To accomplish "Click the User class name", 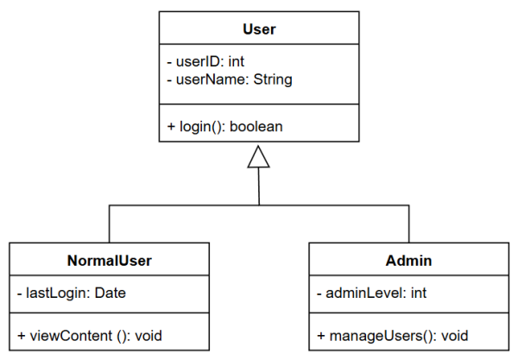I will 259,29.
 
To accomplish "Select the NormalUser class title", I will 110,260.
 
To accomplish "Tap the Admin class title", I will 409,260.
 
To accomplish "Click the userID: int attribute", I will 205,62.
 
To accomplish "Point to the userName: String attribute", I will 229,79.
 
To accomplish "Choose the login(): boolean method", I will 224,126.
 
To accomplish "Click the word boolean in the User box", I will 258,126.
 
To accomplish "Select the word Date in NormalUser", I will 111,294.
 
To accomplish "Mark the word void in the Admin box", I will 455,335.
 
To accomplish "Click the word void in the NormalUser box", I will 148,335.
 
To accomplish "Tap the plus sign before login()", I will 171,127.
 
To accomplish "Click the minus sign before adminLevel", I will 319,294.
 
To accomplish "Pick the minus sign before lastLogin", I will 19,294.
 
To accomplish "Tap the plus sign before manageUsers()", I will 320,335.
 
